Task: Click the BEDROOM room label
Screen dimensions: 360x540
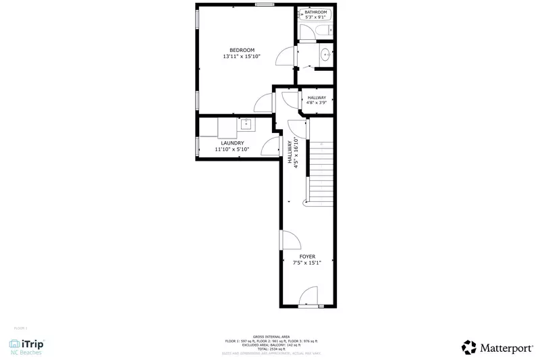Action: coord(242,50)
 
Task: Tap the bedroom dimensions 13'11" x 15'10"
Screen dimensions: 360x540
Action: coord(242,57)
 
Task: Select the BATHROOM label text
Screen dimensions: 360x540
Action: coord(315,13)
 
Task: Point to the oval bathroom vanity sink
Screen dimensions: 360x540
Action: coord(325,55)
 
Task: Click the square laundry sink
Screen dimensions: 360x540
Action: coord(246,124)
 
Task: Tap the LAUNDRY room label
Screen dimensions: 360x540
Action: coord(232,143)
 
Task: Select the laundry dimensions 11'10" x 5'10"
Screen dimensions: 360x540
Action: coord(232,149)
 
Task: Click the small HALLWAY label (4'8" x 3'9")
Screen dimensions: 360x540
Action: coord(317,98)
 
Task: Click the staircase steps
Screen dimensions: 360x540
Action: coord(321,172)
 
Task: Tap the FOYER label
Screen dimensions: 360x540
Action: coord(307,257)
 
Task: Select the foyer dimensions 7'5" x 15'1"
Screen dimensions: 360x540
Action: coord(307,263)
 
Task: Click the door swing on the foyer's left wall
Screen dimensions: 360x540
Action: coord(291,240)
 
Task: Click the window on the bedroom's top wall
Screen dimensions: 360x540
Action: coord(265,5)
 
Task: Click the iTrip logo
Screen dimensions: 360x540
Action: coord(28,346)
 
